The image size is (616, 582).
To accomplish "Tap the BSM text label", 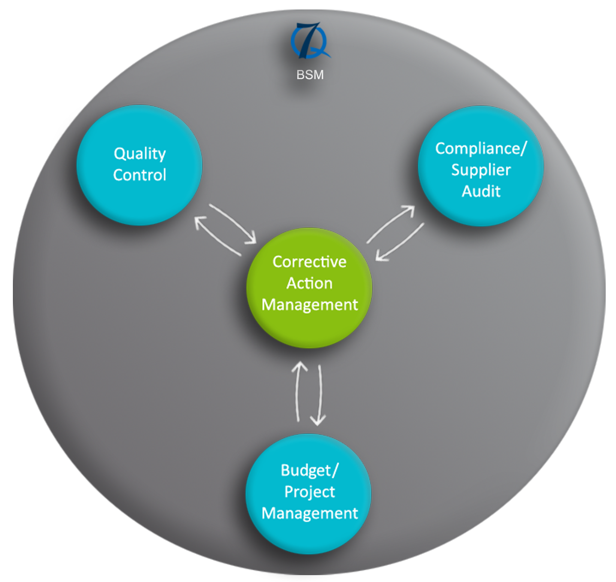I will point(310,75).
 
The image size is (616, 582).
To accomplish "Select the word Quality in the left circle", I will point(139,154).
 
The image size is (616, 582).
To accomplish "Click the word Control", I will point(139,175).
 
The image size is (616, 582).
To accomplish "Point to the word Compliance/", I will point(480,149).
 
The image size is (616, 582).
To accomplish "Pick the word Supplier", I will point(481,170).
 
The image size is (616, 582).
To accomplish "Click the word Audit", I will point(481,191).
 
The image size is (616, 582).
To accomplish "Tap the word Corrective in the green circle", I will point(309,262).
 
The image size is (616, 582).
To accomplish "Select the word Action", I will point(309,283).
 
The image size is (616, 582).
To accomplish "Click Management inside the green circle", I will point(309,305).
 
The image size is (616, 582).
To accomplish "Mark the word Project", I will point(309,492).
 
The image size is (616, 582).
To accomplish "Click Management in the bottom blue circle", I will point(309,513).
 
